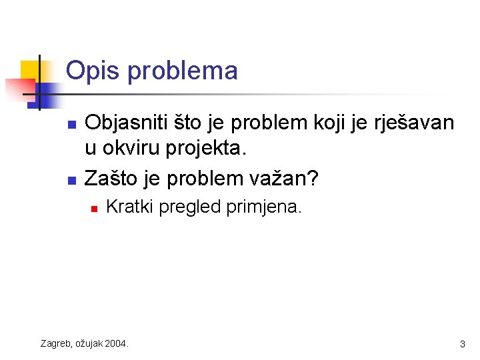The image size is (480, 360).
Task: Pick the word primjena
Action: (x=264, y=207)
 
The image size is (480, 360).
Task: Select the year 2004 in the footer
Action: (x=116, y=343)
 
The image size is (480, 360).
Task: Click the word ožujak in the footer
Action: (x=90, y=343)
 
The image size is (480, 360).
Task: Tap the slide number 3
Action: (x=462, y=344)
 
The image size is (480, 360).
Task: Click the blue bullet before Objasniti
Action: (x=73, y=124)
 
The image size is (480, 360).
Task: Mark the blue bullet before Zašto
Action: (x=73, y=180)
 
